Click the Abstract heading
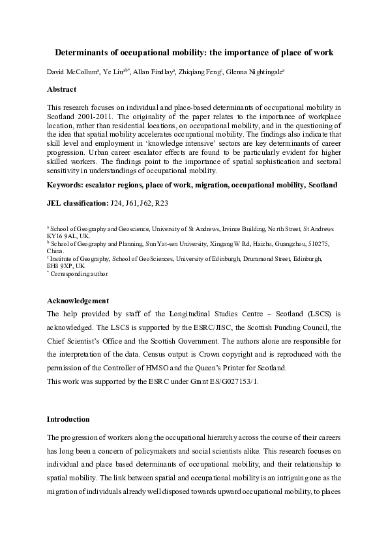(x=62, y=89)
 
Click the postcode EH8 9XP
(x=60, y=266)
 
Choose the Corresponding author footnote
(x=80, y=273)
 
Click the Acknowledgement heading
(x=78, y=301)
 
